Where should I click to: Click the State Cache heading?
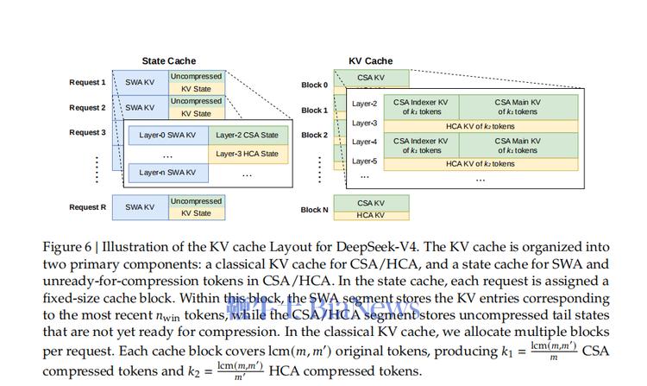(x=169, y=61)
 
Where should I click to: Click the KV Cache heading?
(x=370, y=61)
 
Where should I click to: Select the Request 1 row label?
(x=87, y=83)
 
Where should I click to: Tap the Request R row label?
(x=87, y=207)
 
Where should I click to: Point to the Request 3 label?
(x=87, y=132)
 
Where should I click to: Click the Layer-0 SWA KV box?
(x=167, y=135)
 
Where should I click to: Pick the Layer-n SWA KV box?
(x=167, y=173)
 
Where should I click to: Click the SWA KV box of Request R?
(x=140, y=207)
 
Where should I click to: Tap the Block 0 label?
(x=314, y=85)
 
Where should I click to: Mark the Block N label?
(x=314, y=210)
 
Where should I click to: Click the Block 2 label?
(x=314, y=136)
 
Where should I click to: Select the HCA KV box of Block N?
(x=370, y=215)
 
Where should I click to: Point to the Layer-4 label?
(x=365, y=142)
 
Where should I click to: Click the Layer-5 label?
(x=365, y=161)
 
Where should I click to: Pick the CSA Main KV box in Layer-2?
(x=517, y=107)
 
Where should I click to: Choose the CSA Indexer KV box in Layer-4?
(x=420, y=145)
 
